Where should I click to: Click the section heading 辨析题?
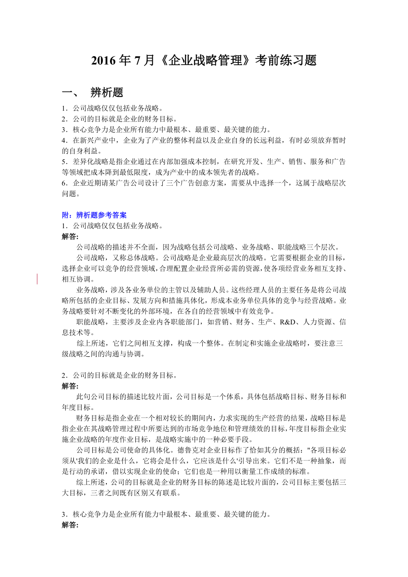click(106, 93)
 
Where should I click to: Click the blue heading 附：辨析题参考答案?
click(94, 215)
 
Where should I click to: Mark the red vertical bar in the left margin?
click(37, 279)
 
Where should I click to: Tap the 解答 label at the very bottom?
click(70, 525)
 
